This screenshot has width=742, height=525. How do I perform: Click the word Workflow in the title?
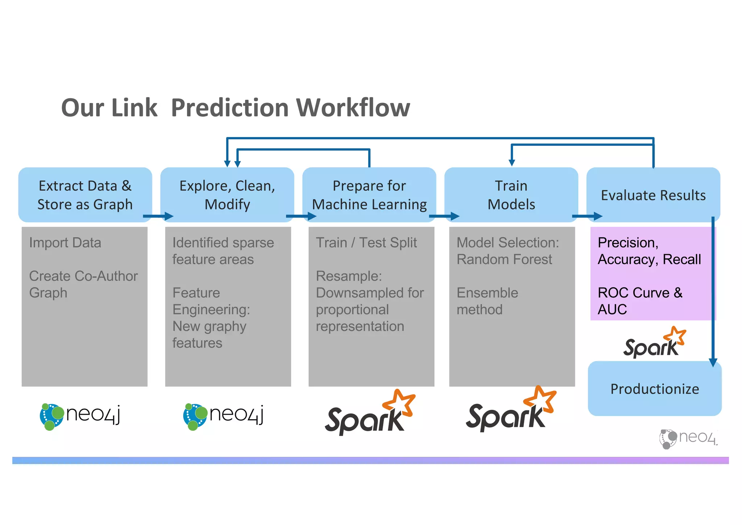point(353,108)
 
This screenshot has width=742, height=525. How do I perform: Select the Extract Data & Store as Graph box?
point(85,195)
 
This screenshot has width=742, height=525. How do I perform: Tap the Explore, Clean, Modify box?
point(227,195)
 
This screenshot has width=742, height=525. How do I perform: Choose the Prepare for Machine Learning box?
point(369,195)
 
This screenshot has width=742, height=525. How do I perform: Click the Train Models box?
point(511,195)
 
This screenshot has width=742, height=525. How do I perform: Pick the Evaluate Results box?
point(653,195)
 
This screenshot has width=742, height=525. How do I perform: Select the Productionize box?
point(654,389)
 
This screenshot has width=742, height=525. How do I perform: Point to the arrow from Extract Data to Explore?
point(158,216)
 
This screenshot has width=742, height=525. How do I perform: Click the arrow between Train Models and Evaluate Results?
point(587,216)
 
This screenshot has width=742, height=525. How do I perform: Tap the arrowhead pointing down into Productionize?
point(713,362)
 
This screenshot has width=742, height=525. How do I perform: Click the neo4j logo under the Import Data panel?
point(80,416)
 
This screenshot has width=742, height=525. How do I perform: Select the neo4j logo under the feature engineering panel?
point(223,416)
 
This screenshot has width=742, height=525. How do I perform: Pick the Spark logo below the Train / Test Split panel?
point(370,413)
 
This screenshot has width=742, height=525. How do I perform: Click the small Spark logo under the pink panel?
point(654,343)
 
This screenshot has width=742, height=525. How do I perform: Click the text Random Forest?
point(504,260)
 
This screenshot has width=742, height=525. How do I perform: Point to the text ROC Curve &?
point(639,293)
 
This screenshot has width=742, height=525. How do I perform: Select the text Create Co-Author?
point(83,276)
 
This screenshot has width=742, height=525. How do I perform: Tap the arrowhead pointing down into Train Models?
point(512,162)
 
